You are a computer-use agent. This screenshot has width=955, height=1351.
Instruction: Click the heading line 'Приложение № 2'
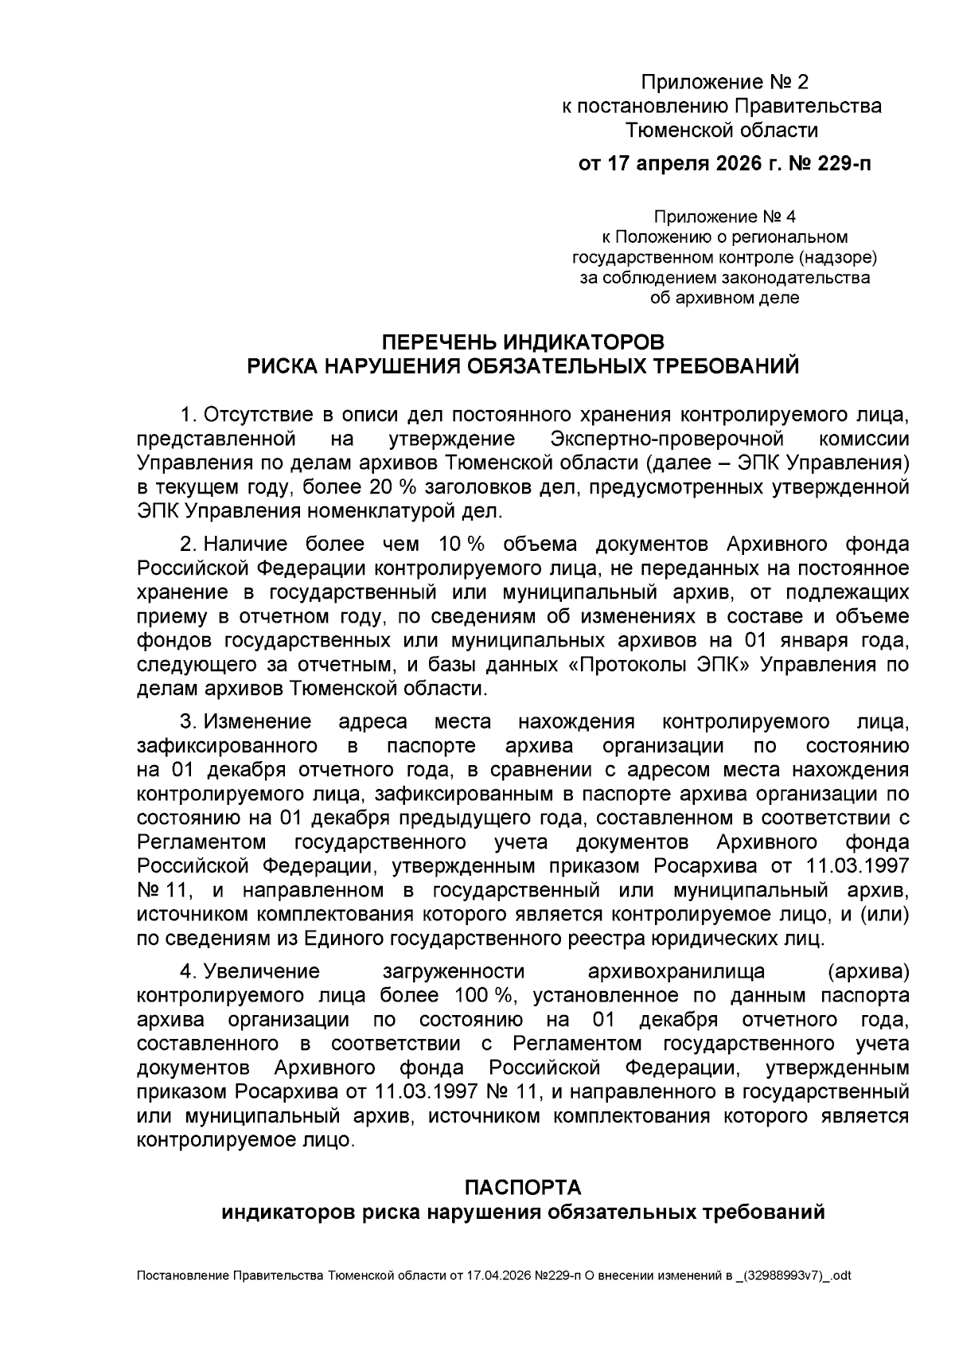point(724,82)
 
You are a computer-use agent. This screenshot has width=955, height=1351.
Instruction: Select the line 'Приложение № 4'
point(724,217)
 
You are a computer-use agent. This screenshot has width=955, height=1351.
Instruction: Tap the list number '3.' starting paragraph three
point(189,722)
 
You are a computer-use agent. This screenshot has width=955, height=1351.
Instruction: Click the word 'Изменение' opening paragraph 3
point(257,722)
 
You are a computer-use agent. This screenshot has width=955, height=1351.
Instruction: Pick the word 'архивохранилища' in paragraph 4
point(676,971)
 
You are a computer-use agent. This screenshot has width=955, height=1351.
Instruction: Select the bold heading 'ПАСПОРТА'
point(523,1188)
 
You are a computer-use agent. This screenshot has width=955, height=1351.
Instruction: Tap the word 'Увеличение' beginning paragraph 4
point(261,971)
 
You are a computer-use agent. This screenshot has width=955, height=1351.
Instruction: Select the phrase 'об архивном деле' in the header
point(724,299)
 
